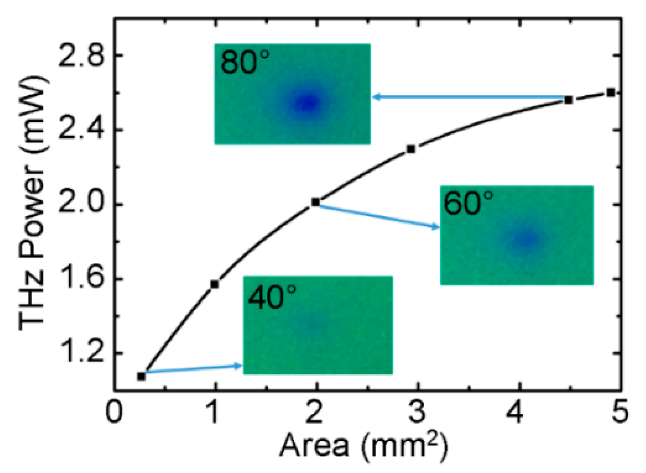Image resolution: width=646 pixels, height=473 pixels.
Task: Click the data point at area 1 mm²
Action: (x=215, y=284)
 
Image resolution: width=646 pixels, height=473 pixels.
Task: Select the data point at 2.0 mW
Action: (x=315, y=202)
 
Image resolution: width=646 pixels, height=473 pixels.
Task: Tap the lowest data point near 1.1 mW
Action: (x=141, y=376)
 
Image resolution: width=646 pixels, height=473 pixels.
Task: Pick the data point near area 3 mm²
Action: (x=411, y=149)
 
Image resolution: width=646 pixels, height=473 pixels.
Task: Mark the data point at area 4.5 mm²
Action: (x=568, y=100)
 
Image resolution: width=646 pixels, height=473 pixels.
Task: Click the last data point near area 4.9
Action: (x=610, y=92)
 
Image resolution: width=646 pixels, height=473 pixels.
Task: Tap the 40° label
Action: (x=272, y=298)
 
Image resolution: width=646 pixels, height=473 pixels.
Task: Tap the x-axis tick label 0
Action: (x=114, y=412)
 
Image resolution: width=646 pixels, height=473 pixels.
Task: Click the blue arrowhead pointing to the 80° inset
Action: (x=376, y=97)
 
